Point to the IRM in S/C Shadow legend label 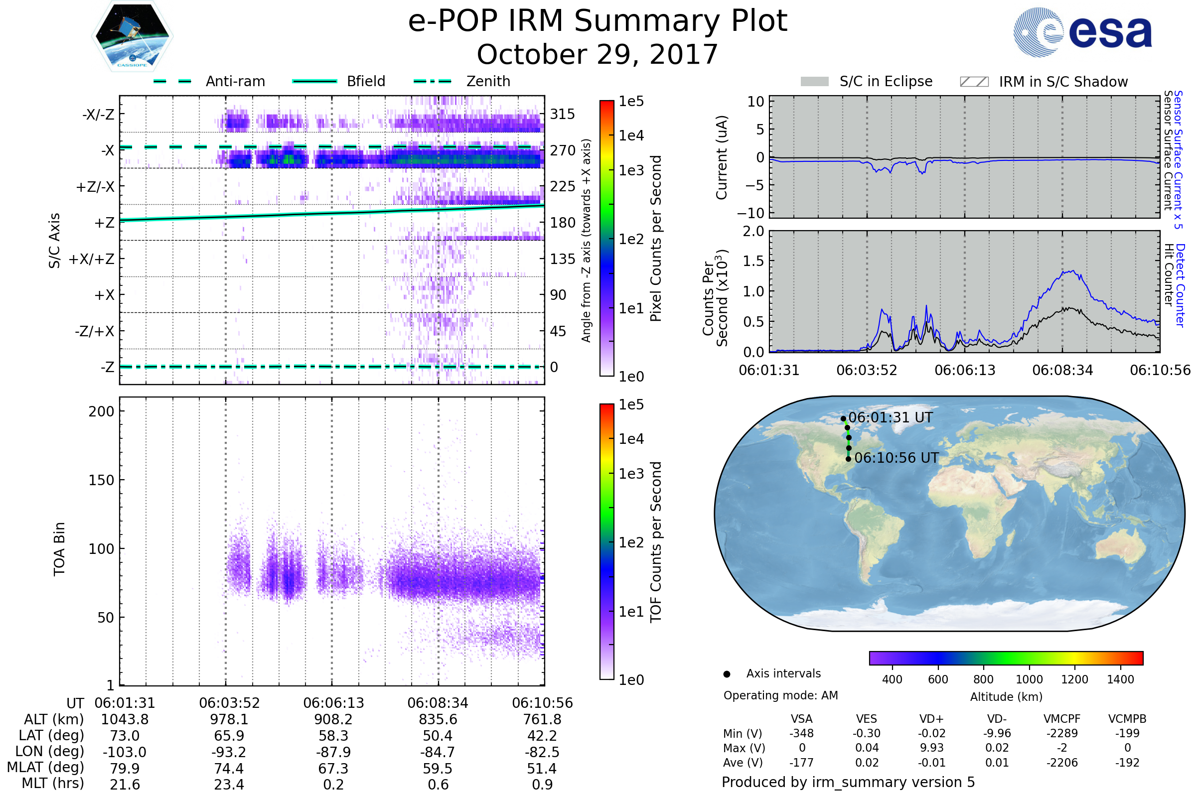point(1063,82)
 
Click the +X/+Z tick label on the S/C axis point(92,259)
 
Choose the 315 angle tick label point(562,114)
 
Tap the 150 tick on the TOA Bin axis point(101,480)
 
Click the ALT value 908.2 point(333,719)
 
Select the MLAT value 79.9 point(125,768)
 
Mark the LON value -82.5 point(542,752)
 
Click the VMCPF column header point(1062,719)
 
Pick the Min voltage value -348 point(801,733)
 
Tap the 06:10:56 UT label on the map point(896,458)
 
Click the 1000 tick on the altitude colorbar point(1029,679)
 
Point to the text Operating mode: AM point(780,695)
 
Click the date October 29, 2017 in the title point(597,54)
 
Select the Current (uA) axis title point(722,157)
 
